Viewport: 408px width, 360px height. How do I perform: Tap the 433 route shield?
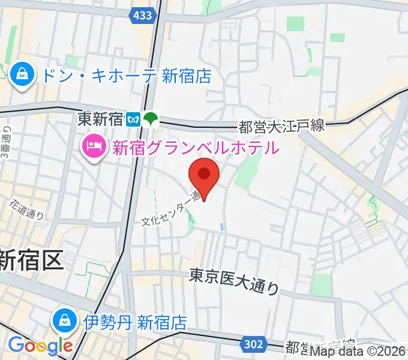pos(143,16)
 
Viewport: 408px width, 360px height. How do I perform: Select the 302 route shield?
pos(254,343)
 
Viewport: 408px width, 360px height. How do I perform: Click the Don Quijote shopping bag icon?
pos(22,76)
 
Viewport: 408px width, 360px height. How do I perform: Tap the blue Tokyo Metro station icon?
pos(134,119)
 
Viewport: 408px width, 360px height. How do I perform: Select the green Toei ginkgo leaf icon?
pos(151,119)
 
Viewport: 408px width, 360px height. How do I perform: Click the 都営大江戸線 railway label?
pos(281,126)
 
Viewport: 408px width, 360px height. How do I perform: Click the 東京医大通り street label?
pos(235,281)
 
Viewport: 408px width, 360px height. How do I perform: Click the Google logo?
pos(40,346)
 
